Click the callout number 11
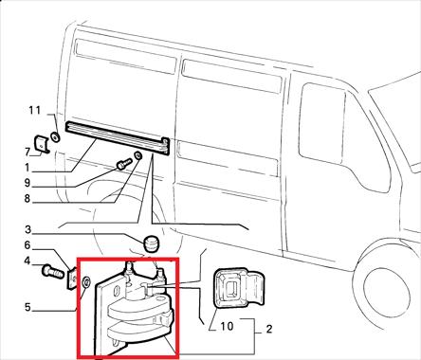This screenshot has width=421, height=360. (35, 111)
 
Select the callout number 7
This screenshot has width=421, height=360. (27, 152)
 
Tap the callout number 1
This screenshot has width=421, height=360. (27, 168)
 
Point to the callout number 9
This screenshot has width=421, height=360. (27, 183)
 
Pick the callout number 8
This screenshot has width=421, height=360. (27, 199)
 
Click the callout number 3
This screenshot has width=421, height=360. (28, 229)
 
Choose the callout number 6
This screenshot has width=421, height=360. (27, 245)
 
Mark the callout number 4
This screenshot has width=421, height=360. (27, 261)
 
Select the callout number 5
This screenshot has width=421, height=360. (27, 307)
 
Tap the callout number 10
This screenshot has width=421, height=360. (227, 326)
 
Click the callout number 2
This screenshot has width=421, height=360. (269, 330)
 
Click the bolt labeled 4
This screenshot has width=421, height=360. (52, 271)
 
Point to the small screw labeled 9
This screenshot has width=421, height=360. (123, 164)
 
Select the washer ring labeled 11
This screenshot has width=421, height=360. (55, 137)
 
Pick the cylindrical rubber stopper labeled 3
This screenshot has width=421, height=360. (152, 244)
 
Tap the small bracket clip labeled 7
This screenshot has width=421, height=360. (42, 144)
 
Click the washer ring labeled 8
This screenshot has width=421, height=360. (137, 156)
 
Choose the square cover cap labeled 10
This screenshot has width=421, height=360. (239, 288)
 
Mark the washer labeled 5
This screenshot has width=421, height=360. (86, 282)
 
